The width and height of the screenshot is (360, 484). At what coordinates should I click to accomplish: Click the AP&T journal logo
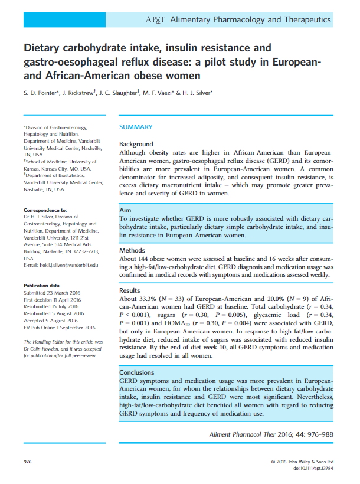(156, 19)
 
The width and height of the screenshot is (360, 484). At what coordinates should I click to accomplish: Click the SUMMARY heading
(136, 127)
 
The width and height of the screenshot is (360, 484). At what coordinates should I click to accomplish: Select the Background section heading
(136, 144)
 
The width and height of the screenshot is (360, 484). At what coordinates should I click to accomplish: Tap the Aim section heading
(125, 210)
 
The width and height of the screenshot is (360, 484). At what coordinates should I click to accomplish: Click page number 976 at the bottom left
(28, 460)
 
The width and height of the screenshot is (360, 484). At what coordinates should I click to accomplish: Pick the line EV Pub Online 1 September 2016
(59, 328)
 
